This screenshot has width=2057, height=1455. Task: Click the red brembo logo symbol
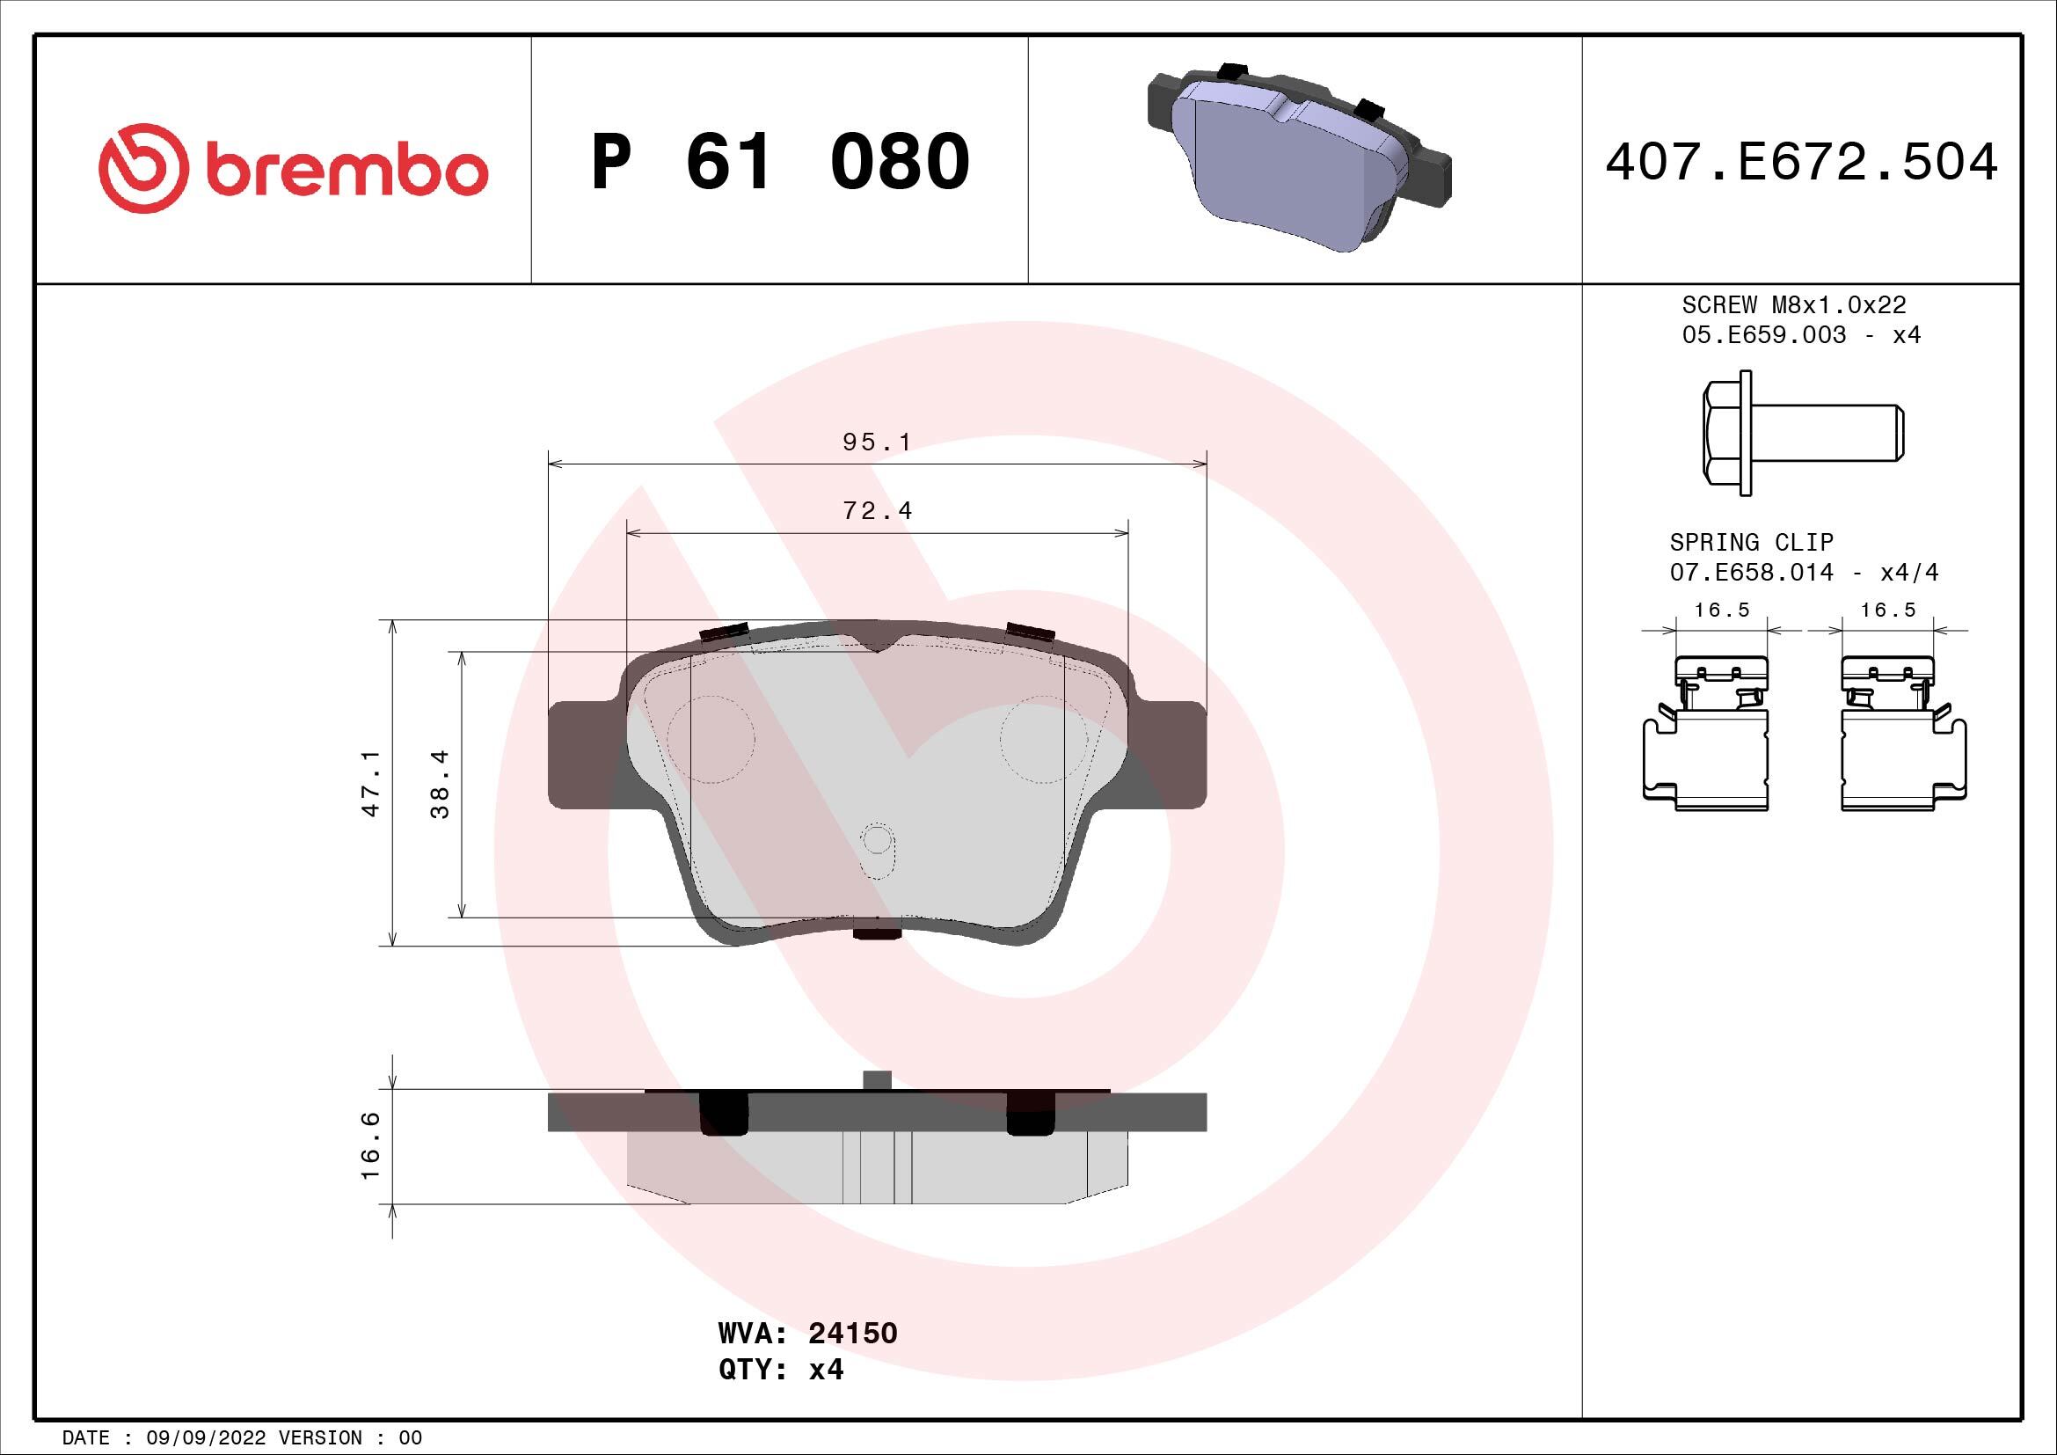click(x=143, y=168)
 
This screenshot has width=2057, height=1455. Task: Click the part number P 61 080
click(x=779, y=162)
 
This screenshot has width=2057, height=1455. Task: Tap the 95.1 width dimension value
click(x=876, y=442)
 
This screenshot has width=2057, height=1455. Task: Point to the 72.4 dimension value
click(x=877, y=511)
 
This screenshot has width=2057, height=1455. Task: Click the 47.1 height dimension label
click(x=371, y=783)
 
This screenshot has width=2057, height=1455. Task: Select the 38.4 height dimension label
click(x=440, y=784)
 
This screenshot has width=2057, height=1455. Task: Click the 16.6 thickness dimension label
click(x=370, y=1146)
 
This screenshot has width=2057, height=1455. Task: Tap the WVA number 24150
click(x=852, y=1333)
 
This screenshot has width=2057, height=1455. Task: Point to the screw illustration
click(x=1801, y=434)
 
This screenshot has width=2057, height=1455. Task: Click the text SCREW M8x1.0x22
click(x=1793, y=304)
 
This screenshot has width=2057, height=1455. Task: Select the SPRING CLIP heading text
click(x=1751, y=542)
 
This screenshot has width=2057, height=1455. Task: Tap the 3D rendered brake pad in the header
click(x=1299, y=157)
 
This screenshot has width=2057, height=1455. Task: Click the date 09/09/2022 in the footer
click(x=206, y=1438)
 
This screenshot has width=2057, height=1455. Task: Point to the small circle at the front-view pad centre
click(x=876, y=840)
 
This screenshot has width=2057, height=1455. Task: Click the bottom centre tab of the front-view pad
click(x=876, y=933)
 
